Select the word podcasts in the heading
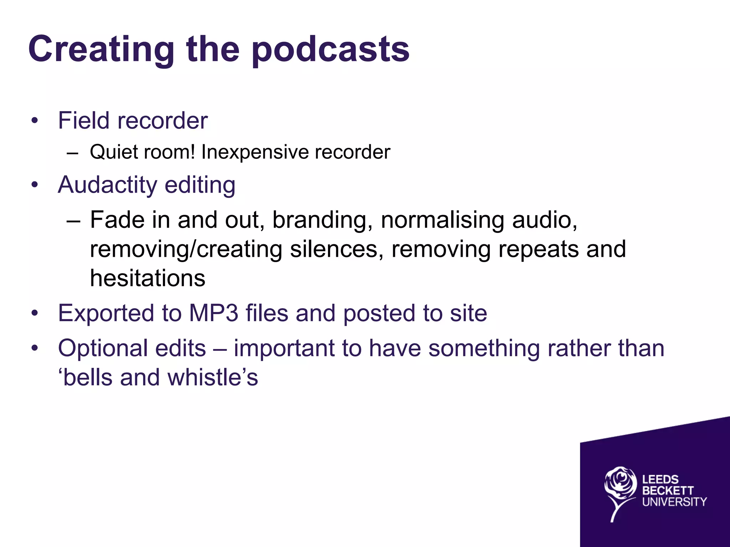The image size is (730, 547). (x=330, y=50)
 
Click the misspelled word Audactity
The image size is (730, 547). (x=107, y=185)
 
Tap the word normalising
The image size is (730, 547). (x=442, y=220)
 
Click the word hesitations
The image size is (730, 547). (x=148, y=278)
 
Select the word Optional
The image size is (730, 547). (x=103, y=348)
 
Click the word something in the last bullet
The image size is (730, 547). (x=484, y=348)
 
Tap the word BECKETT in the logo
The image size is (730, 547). (x=668, y=491)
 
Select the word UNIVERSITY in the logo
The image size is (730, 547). (x=674, y=502)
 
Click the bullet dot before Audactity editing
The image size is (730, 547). (x=35, y=185)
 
